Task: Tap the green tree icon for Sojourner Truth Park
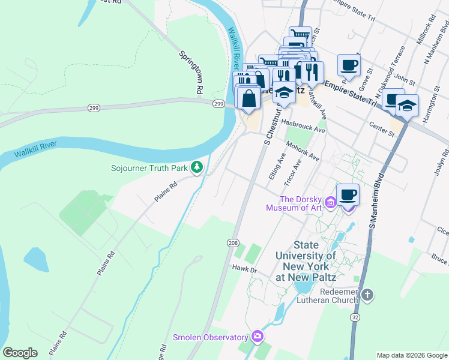click(x=196, y=167)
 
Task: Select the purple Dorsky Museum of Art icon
click(x=330, y=203)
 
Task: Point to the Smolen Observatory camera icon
click(x=258, y=337)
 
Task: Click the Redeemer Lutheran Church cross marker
click(x=368, y=295)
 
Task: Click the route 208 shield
click(x=233, y=242)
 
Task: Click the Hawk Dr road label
click(x=244, y=270)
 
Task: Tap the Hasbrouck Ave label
click(x=303, y=126)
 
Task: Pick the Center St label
click(x=381, y=127)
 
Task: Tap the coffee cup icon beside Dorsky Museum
click(x=348, y=195)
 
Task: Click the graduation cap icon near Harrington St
click(x=407, y=106)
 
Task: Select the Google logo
click(x=20, y=353)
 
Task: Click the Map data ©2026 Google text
click(x=411, y=355)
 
